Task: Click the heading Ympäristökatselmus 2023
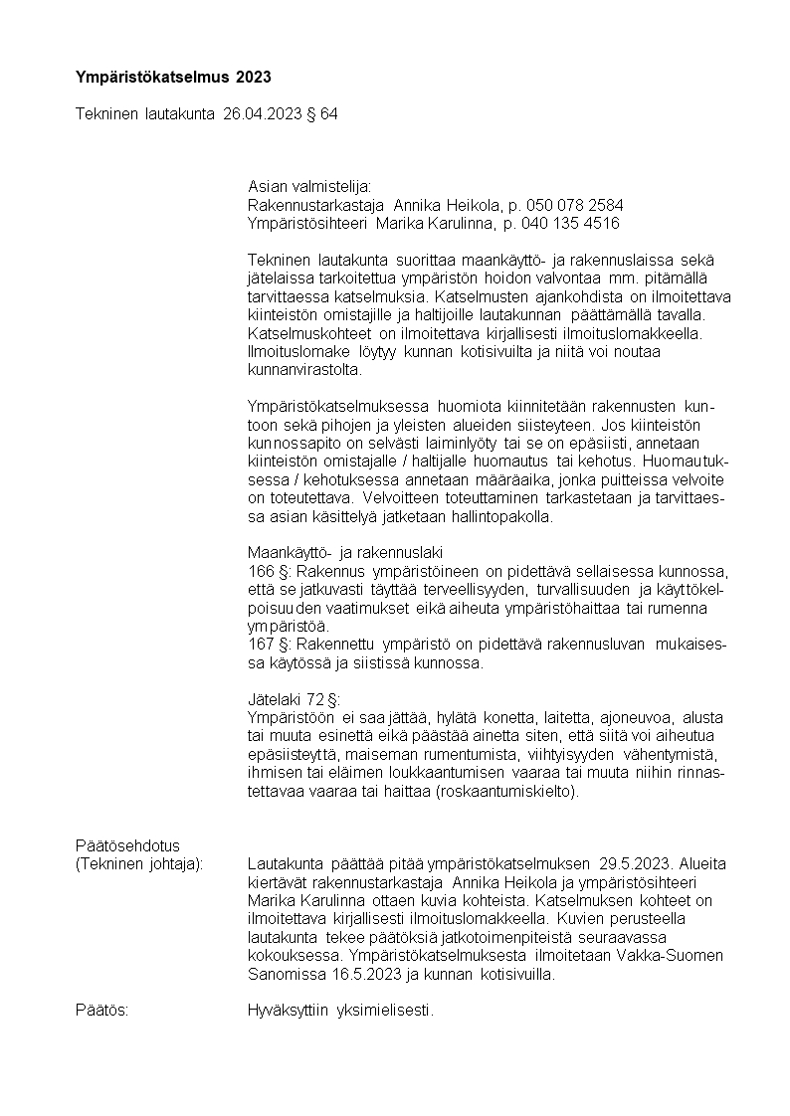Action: (x=173, y=77)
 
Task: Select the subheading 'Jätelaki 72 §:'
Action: (x=294, y=699)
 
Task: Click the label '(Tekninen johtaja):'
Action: (x=139, y=864)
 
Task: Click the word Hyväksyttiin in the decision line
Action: (x=288, y=1011)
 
